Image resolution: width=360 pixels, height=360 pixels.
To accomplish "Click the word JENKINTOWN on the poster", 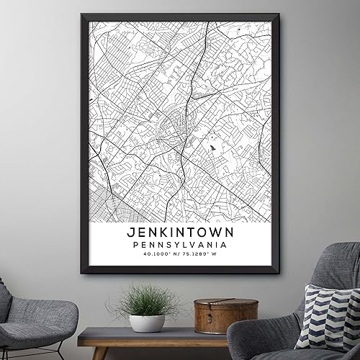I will [x=179, y=234].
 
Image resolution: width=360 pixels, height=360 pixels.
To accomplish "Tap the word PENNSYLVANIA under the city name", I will [x=179, y=247].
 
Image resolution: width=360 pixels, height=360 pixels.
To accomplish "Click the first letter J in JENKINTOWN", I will [x=130, y=234].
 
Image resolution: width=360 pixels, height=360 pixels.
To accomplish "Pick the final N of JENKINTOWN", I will [x=230, y=234].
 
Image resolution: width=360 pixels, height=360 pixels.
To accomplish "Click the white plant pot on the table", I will [x=147, y=323].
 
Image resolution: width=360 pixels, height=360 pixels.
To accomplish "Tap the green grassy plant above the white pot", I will [x=146, y=300].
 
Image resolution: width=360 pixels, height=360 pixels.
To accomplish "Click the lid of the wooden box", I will [x=215, y=305].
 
